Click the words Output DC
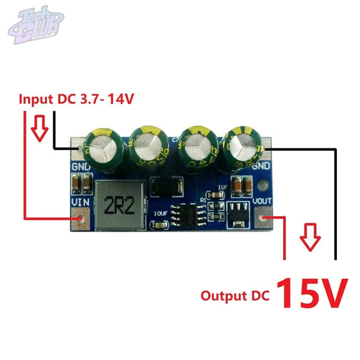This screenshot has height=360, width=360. coord(234,296)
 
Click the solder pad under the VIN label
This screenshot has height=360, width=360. coord(81,218)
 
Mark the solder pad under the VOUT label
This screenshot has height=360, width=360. coord(264,218)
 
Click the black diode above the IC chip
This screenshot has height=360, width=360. coord(167,186)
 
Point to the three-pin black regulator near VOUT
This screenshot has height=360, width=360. coord(238,214)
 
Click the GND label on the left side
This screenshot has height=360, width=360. coord(81,168)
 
